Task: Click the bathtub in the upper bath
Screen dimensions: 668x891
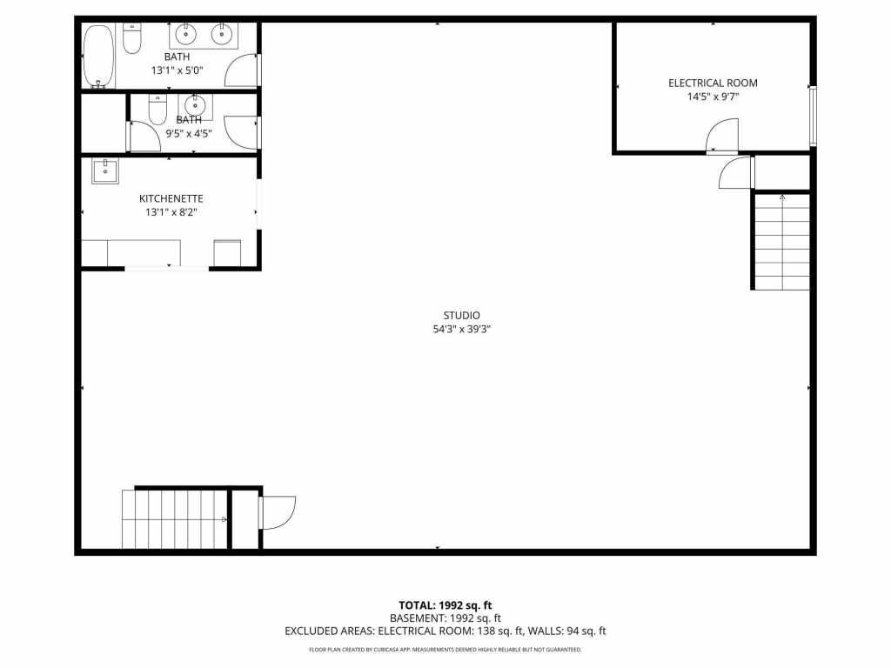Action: tap(98, 56)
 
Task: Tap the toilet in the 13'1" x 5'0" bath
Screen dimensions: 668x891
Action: tap(132, 39)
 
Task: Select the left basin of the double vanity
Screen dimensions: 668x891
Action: tap(186, 35)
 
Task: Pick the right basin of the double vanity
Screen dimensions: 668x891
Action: tap(221, 35)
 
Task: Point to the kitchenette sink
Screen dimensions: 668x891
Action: tap(105, 171)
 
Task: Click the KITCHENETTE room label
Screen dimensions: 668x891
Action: tap(174, 198)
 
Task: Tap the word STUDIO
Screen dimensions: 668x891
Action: tap(462, 316)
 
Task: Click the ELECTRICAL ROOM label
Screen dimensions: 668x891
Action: tap(713, 83)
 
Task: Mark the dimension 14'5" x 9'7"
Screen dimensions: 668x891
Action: tap(713, 97)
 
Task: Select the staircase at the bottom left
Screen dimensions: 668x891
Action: tap(174, 519)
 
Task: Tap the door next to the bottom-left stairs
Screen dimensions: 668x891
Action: tap(278, 511)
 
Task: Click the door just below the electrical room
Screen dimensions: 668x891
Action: tap(736, 172)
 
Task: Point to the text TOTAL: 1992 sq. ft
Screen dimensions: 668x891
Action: tap(445, 605)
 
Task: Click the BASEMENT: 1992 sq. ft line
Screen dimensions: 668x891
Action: tap(445, 618)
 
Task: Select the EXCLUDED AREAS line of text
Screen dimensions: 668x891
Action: tap(445, 631)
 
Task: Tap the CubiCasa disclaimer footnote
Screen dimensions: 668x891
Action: tap(445, 650)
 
